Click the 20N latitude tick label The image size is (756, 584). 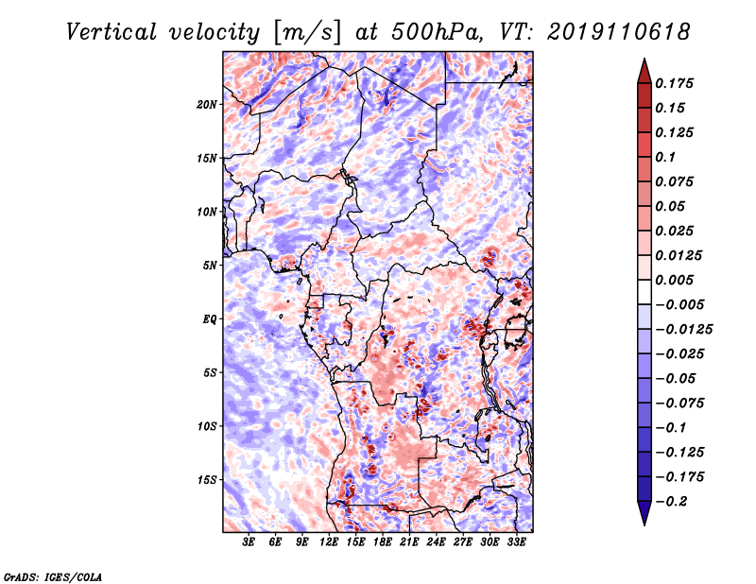207,105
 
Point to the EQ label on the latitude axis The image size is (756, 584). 210,319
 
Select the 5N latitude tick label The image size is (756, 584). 210,266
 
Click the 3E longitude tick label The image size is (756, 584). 249,541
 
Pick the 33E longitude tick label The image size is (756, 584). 516,541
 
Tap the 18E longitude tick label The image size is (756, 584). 383,541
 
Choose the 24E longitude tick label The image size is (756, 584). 436,541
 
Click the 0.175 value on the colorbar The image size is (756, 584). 674,83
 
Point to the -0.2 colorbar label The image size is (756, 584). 671,502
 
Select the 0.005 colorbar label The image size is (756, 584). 674,280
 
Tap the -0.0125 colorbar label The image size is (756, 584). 683,330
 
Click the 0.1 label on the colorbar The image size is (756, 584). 665,157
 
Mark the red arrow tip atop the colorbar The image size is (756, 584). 644,59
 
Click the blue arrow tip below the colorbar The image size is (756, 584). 644,524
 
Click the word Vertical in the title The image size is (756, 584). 112,32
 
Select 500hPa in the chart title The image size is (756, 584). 436,32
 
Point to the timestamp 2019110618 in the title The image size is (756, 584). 619,32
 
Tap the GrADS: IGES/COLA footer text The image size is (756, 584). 53,577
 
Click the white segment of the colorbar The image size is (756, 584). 644,292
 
